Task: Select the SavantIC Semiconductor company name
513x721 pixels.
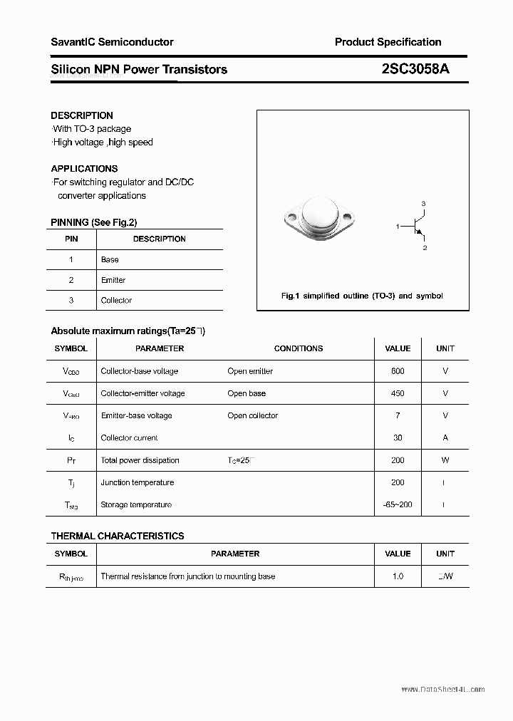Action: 112,42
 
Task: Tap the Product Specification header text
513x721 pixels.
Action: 388,42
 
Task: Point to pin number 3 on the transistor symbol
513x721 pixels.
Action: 423,204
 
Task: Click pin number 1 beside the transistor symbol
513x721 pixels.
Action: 398,226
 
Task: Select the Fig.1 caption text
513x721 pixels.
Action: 362,296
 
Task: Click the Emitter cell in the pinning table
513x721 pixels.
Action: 113,280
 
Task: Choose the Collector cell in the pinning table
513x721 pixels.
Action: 116,301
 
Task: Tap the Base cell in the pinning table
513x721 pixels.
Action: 110,260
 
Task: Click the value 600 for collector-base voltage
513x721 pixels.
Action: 398,371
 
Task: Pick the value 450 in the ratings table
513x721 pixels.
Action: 398,393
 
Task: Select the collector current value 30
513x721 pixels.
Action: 398,438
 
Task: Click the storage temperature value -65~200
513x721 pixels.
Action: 398,505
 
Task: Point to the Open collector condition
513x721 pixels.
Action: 253,416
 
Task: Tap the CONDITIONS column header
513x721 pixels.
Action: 299,348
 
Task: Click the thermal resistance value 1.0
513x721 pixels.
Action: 398,576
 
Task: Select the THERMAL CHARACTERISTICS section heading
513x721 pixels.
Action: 118,536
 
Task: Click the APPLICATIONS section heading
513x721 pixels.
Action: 84,169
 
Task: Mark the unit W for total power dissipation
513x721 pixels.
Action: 445,460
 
